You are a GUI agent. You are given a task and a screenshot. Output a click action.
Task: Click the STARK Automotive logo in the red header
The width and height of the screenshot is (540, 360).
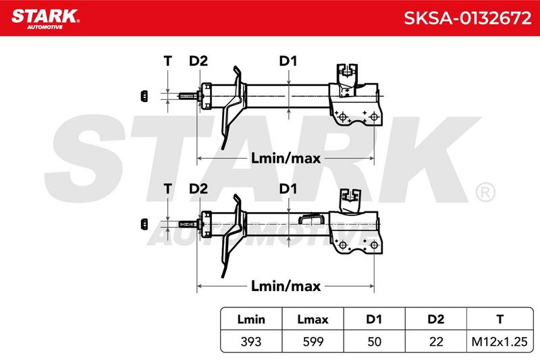(45, 19)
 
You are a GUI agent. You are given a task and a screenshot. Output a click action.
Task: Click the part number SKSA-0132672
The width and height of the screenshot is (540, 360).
(467, 18)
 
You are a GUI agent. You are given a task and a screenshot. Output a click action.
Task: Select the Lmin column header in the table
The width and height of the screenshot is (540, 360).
(251, 319)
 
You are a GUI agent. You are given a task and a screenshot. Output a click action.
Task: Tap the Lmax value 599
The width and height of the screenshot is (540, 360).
(313, 342)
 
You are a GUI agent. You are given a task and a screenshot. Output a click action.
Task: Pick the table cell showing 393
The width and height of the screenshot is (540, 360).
(251, 342)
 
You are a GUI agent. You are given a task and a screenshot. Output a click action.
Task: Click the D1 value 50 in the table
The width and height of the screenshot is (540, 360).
(375, 342)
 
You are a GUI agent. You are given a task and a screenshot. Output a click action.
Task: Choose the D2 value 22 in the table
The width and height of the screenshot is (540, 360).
(435, 342)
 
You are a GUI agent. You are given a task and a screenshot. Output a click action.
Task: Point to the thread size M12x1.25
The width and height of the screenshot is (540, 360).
(500, 342)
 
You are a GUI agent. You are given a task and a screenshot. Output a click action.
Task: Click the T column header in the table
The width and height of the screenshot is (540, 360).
(500, 319)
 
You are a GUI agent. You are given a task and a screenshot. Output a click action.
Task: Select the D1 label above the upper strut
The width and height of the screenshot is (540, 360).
(288, 61)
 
